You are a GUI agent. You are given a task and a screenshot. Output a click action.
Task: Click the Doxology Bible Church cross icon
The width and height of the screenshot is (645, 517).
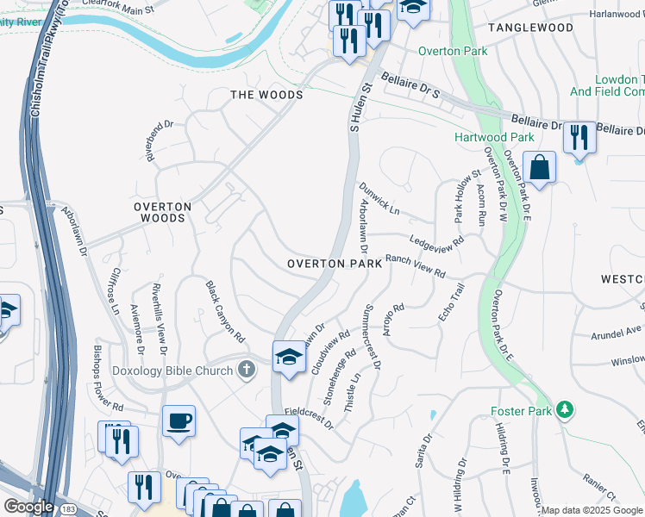coord(247,371)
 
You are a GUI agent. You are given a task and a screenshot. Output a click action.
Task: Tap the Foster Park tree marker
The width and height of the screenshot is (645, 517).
coord(564,410)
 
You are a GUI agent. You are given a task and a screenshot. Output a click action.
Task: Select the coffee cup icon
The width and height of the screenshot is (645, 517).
coord(178,421)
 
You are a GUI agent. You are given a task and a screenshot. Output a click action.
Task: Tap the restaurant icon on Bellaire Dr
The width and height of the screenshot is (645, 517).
coord(579,137)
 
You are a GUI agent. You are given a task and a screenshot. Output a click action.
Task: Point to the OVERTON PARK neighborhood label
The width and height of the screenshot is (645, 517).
coord(334,264)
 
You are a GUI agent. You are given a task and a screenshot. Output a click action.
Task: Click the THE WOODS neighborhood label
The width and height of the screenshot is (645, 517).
coord(266,95)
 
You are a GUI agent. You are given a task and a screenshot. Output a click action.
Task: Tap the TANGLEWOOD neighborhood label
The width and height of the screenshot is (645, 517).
coord(530,28)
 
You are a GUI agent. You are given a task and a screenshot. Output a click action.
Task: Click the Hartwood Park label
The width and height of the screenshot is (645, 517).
coord(495,137)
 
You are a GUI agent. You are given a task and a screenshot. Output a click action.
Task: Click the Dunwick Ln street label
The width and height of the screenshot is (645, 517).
coord(380,198)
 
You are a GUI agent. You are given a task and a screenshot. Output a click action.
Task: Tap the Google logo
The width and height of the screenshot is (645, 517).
coord(28,507)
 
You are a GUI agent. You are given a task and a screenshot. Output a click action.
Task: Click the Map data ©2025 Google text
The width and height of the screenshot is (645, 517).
coord(592,510)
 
